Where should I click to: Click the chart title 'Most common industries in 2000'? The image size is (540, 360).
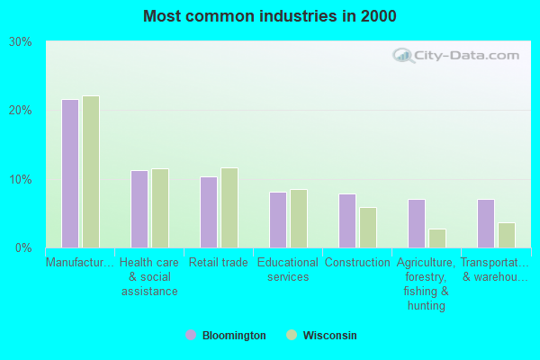269,16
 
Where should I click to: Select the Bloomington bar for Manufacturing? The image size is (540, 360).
70,174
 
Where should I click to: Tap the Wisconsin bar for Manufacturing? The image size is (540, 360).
91,172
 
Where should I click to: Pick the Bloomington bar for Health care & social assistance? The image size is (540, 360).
139,209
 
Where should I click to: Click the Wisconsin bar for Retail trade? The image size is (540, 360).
229,208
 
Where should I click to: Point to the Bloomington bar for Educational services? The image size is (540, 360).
278,220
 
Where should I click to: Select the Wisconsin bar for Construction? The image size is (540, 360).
368,228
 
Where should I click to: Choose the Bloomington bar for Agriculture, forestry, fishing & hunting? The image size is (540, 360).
417,223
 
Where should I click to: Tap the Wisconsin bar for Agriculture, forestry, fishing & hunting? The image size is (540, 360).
437,238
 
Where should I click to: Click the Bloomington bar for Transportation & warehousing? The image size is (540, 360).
486,223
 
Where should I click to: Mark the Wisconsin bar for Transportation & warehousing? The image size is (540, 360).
507,235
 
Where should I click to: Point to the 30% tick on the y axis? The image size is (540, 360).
21,41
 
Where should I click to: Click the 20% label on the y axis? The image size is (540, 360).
21,110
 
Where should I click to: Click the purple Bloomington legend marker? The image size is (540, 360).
191,335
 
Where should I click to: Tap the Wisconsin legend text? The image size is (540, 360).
329,335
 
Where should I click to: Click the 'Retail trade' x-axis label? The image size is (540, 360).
218,263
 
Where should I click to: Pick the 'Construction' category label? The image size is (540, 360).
357,263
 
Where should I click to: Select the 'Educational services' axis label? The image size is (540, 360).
288,270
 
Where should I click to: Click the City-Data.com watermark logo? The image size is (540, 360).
455,56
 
